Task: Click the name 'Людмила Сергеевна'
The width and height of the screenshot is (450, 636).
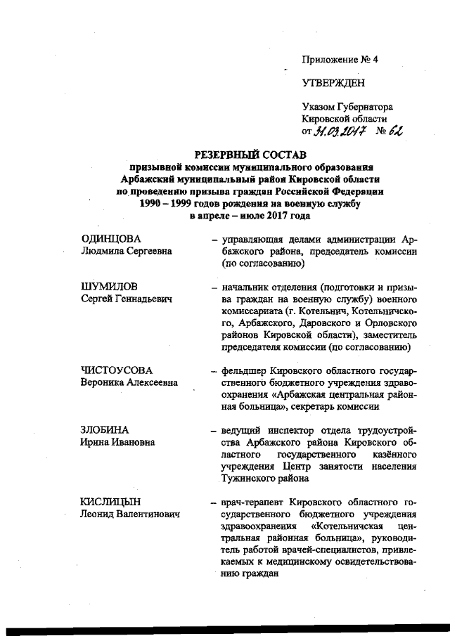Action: [127, 252]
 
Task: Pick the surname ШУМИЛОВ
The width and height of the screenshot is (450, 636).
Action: [111, 287]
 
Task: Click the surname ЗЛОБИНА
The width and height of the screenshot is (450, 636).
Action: [108, 429]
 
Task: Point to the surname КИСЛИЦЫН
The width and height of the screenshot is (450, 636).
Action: [112, 502]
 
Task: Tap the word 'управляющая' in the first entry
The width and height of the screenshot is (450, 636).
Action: [252, 240]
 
